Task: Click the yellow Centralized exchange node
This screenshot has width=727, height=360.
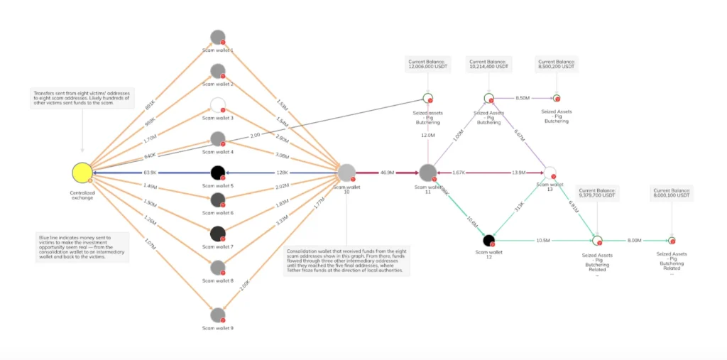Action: coord(82,173)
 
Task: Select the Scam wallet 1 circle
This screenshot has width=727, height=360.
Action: coord(218,38)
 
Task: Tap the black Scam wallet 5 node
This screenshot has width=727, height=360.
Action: coord(218,173)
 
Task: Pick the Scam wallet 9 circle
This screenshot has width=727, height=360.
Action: coord(218,314)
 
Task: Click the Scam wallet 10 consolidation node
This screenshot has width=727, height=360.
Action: coord(346,173)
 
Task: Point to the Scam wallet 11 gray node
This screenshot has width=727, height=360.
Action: coord(428,173)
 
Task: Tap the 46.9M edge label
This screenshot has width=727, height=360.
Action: coord(388,173)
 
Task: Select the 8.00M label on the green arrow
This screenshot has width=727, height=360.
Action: coord(635,241)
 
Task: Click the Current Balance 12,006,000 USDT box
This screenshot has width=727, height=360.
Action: coord(427,65)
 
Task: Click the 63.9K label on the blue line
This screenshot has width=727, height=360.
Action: coord(151,173)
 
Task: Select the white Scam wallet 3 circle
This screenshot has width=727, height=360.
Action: coord(218,105)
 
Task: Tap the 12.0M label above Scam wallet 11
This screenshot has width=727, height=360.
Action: coord(428,135)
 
